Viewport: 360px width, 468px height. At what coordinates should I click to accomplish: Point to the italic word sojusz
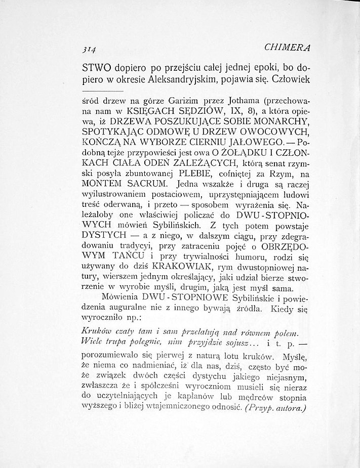point(225,342)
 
